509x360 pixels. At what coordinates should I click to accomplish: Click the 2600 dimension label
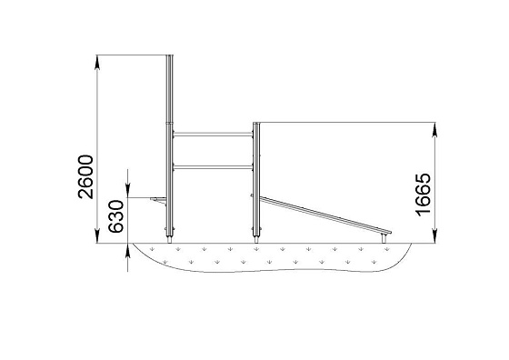pyautogui.click(x=85, y=176)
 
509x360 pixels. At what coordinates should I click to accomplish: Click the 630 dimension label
pyautogui.click(x=116, y=216)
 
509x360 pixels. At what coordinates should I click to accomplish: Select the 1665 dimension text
pyautogui.click(x=424, y=195)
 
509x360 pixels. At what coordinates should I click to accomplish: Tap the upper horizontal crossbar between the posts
pyautogui.click(x=213, y=134)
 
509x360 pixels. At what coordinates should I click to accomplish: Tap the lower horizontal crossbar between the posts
pyautogui.click(x=213, y=167)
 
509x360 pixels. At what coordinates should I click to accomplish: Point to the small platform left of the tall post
pyautogui.click(x=158, y=200)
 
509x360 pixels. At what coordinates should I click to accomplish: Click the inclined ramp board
pyautogui.click(x=324, y=215)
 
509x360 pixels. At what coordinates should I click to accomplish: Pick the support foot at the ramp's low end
pyautogui.click(x=384, y=238)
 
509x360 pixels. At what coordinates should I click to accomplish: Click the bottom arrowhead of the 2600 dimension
pyautogui.click(x=96, y=235)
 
